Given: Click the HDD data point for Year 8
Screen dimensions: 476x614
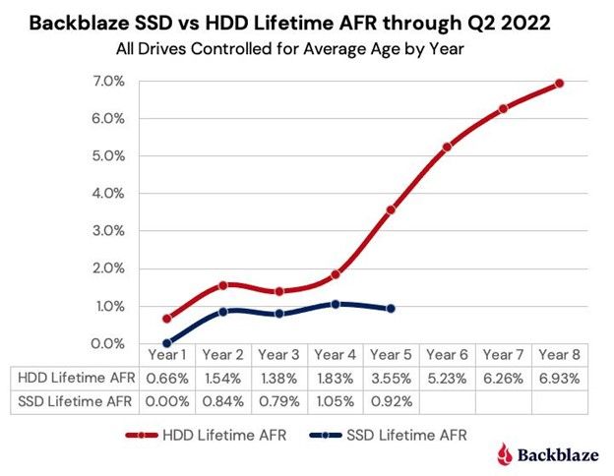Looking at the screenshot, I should (560, 84).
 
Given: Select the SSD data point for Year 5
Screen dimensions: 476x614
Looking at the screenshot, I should (392, 309).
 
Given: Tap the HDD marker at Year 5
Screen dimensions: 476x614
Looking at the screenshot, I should (392, 209).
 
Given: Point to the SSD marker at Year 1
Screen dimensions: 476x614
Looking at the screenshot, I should (167, 343).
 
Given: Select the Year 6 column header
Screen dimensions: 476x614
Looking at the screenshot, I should (448, 354).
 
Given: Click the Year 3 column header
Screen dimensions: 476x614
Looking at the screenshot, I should (279, 354).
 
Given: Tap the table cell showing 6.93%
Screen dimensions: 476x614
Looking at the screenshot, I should (560, 377).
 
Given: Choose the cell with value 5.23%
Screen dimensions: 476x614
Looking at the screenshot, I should (448, 377).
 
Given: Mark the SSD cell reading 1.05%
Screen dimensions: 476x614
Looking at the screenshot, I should (336, 399).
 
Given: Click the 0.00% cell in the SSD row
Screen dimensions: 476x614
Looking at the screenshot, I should (167, 399).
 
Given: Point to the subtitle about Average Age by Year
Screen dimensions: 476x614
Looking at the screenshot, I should (306, 45).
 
